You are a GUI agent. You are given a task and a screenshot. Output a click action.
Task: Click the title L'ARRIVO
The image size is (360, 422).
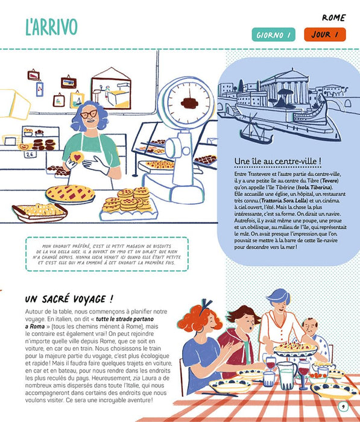51,27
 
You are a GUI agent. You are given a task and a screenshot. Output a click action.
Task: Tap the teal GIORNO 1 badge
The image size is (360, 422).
273,35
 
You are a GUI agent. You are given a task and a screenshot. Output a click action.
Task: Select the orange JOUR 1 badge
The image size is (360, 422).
325,34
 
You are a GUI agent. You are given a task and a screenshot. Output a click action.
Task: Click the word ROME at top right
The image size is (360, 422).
334,17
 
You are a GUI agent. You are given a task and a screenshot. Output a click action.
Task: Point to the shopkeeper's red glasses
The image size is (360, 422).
89,114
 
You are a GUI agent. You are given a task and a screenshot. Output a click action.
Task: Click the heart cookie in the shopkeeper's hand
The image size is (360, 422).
77,157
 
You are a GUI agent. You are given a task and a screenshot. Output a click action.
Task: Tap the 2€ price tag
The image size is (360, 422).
30,154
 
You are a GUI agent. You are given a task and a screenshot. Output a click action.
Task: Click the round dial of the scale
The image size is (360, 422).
189,102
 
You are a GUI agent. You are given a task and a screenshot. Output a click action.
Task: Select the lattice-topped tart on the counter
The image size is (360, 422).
70,194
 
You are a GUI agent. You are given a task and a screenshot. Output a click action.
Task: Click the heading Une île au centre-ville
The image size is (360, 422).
277,161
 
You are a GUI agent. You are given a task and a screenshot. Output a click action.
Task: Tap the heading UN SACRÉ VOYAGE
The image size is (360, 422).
69,299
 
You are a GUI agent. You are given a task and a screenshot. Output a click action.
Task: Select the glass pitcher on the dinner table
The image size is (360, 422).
286,374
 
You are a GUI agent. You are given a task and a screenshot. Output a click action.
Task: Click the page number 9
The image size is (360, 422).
343,406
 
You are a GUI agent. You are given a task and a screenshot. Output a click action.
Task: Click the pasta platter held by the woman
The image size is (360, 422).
295,349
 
